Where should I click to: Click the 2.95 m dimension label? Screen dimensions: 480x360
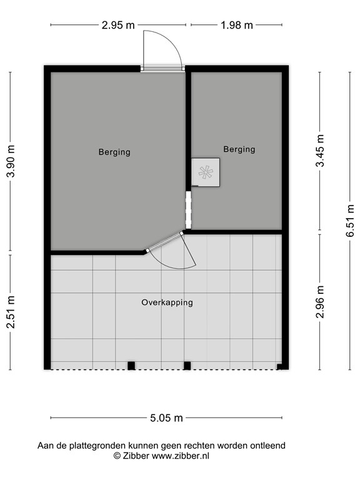117,26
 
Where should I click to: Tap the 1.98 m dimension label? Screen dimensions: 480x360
237,26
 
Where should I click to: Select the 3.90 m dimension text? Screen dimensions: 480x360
11,162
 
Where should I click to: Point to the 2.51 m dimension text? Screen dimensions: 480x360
11,311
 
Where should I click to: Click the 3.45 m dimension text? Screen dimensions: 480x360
320,151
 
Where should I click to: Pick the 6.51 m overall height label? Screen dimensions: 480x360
350,220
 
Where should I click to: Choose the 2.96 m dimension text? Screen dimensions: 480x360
320,302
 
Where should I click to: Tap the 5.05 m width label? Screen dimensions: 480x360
166,418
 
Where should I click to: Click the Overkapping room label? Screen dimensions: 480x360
167,302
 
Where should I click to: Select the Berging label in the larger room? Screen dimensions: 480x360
114,152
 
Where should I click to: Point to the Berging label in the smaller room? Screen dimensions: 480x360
239,149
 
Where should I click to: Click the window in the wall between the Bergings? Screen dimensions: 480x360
188,210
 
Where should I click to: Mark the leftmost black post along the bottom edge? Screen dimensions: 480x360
131,366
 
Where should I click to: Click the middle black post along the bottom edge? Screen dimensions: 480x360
187,366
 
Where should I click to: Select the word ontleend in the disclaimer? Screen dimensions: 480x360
267,446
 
